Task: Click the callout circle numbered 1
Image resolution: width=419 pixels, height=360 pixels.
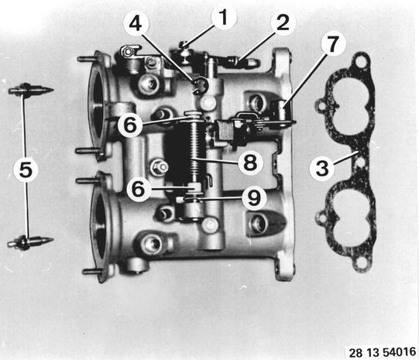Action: coord(224,17)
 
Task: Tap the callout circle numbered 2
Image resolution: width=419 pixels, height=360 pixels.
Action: coord(283,23)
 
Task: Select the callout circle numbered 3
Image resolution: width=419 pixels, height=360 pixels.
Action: coord(322,169)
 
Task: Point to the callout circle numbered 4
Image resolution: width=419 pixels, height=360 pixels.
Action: coord(136,24)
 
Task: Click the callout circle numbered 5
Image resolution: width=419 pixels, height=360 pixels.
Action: coord(26,170)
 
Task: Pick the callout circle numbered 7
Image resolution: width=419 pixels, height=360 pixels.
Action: coord(332,43)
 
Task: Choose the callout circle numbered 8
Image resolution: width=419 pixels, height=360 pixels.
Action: coord(250,163)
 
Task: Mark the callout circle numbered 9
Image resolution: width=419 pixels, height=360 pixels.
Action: coord(254,198)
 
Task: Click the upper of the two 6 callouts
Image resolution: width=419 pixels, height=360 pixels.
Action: coord(130,125)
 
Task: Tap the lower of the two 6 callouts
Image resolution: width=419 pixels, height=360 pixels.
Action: coord(139,189)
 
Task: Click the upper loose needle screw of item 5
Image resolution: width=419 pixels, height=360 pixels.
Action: coord(31,90)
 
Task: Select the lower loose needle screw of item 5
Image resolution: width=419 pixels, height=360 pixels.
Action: coord(30,242)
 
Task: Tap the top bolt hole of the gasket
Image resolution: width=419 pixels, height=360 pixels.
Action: coord(360,63)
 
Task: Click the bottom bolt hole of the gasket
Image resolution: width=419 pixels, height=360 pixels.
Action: coord(361,263)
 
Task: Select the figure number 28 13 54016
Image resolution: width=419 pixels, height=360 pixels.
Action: coord(383,352)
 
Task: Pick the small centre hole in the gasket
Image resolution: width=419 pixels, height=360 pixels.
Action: coord(361,162)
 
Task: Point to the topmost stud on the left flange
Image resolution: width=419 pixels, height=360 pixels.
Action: coord(87,59)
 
